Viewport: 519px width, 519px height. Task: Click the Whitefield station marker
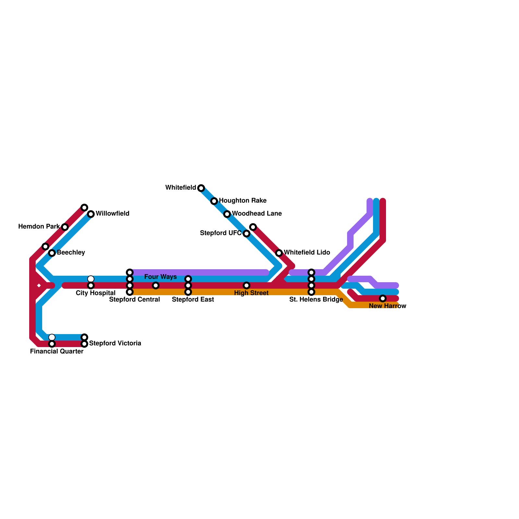click(201, 188)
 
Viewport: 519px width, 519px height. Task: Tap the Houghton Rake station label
click(243, 201)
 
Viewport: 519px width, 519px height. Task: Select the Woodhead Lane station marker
click(227, 214)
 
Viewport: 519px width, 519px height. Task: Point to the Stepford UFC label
click(221, 233)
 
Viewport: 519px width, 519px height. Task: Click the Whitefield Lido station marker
click(279, 253)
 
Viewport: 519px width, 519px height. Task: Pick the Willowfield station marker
click(91, 214)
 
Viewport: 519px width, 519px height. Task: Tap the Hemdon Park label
click(39, 227)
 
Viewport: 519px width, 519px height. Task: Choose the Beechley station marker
click(52, 253)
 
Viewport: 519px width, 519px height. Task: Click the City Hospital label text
click(95, 293)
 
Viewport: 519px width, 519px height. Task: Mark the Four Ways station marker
click(156, 285)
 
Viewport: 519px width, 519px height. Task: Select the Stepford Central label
click(134, 300)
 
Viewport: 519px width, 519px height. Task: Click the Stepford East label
click(193, 300)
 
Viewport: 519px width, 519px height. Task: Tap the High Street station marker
click(247, 285)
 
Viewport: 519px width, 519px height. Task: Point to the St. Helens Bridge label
click(316, 300)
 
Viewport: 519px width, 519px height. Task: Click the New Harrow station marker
click(383, 298)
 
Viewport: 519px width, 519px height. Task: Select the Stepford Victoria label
click(115, 344)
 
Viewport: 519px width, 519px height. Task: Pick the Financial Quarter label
click(57, 352)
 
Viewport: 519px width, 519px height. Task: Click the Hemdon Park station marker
click(65, 227)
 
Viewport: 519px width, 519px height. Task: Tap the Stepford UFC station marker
click(247, 234)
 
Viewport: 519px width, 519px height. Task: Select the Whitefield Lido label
click(307, 253)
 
